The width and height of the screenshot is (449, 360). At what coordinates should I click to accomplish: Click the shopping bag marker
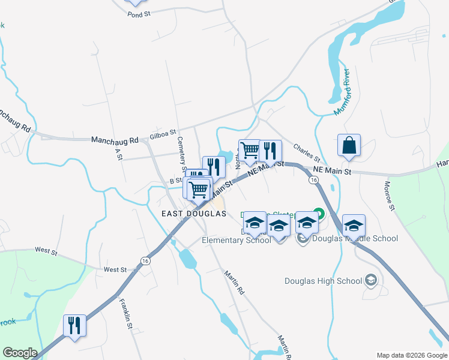click(x=349, y=146)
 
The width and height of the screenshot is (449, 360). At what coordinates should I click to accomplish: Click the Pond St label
click(x=138, y=14)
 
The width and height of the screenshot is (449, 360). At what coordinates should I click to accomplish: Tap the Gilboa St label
click(x=163, y=133)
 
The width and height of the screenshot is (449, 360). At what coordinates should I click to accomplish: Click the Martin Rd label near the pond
click(x=234, y=282)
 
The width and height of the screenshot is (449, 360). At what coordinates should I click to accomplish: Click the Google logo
click(x=20, y=353)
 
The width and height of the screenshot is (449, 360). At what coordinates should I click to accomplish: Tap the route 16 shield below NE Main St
click(x=314, y=180)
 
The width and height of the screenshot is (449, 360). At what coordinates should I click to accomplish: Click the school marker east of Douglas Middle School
click(x=354, y=225)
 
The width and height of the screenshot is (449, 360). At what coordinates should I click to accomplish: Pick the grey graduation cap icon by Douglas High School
click(x=371, y=280)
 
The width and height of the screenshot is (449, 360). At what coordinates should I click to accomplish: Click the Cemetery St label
click(x=181, y=151)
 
